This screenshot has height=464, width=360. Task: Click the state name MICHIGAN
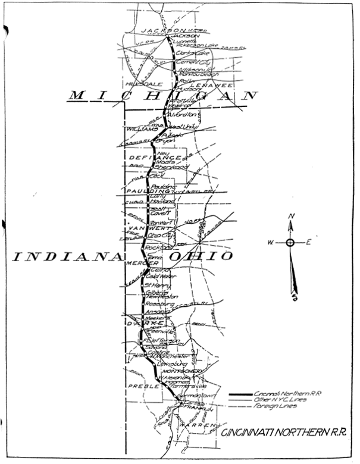click(x=164, y=95)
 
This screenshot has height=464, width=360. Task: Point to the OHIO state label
click(x=200, y=256)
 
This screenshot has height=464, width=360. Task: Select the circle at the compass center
click(x=290, y=243)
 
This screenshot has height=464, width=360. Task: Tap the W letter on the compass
click(x=270, y=243)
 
